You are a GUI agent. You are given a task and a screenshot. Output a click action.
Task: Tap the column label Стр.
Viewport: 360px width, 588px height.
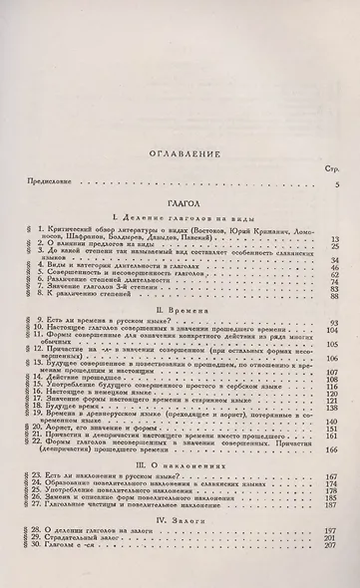coord(333,144)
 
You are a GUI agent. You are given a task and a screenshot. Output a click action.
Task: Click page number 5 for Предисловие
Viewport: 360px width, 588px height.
coord(337,156)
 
